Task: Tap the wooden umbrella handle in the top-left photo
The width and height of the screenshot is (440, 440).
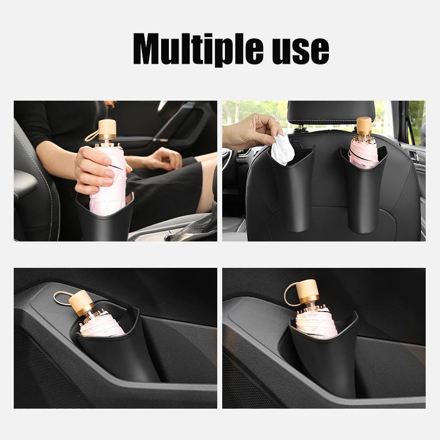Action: (107, 130)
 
